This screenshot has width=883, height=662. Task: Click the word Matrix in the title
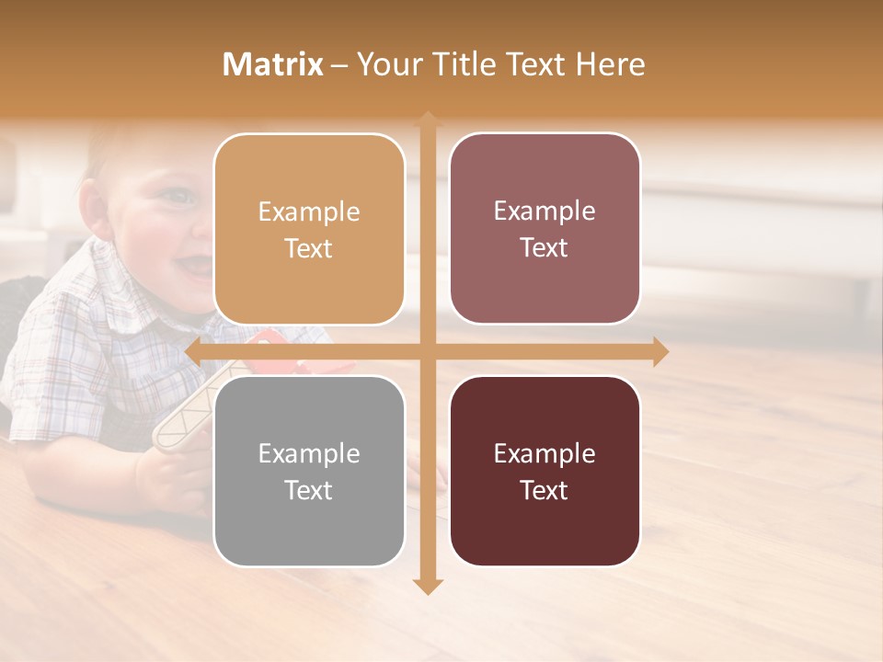pyautogui.click(x=273, y=64)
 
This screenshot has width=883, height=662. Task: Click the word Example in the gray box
pyautogui.click(x=309, y=453)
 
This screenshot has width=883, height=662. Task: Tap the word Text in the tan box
pyautogui.click(x=309, y=249)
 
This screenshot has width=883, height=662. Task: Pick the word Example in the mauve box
pyautogui.click(x=545, y=211)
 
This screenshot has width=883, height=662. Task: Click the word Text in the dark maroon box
pyautogui.click(x=545, y=490)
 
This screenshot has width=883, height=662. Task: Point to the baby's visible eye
pyautogui.click(x=177, y=195)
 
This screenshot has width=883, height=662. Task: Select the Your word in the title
pyautogui.click(x=385, y=64)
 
